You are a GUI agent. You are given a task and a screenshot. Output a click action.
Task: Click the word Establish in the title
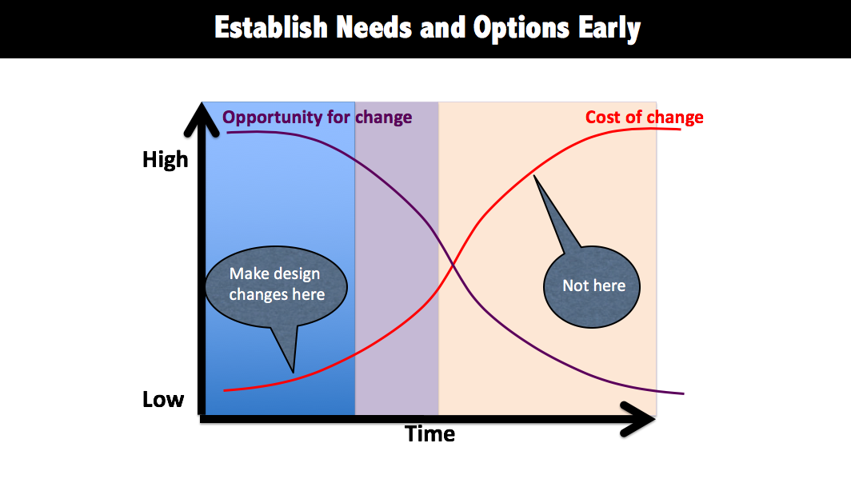[271, 27]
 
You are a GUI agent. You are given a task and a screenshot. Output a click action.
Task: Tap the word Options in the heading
[521, 29]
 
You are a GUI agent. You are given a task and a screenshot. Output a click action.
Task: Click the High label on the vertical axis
[165, 160]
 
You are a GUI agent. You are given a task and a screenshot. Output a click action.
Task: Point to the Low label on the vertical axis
[163, 399]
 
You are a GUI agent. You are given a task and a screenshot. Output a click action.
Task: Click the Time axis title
[429, 434]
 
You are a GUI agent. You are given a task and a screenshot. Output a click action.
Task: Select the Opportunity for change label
[317, 118]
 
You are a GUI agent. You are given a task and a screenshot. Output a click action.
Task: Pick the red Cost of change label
[644, 118]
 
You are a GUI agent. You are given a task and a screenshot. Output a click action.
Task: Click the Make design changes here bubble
[276, 287]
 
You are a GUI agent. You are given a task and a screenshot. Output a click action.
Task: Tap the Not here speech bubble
[592, 286]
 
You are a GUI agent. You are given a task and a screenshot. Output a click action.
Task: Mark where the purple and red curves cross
[452, 264]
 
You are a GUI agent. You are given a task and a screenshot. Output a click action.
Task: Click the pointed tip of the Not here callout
[534, 175]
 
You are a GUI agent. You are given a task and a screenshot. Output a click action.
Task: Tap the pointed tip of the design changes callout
[294, 373]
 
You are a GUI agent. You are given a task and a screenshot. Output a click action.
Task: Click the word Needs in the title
[374, 27]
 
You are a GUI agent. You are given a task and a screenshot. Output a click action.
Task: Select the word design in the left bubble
[296, 274]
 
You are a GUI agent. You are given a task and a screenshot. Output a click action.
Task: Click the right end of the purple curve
[684, 393]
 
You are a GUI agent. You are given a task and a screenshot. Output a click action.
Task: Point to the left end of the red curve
[224, 390]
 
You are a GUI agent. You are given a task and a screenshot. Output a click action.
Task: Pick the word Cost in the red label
[603, 118]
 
